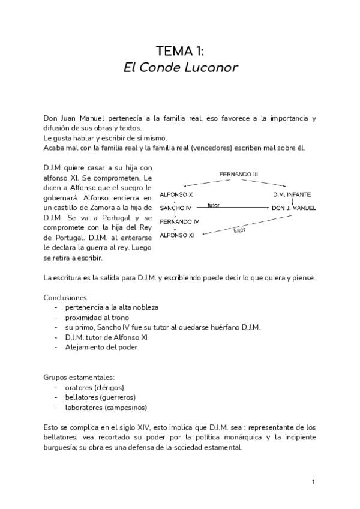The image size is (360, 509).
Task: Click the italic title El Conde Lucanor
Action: (180, 67)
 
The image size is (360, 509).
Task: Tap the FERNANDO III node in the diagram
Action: (238, 174)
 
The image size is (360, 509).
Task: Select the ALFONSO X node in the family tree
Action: (176, 195)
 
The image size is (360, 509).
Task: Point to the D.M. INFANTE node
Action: (292, 195)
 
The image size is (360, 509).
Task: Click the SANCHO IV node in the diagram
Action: (176, 208)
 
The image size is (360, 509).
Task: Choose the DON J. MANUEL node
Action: (293, 208)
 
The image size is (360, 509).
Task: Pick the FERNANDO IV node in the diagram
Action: (179, 221)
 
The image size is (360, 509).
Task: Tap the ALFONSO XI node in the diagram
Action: (178, 235)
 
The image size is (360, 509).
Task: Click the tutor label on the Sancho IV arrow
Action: (213, 205)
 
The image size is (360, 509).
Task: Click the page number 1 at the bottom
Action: (313, 482)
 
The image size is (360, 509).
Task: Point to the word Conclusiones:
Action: (66, 297)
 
